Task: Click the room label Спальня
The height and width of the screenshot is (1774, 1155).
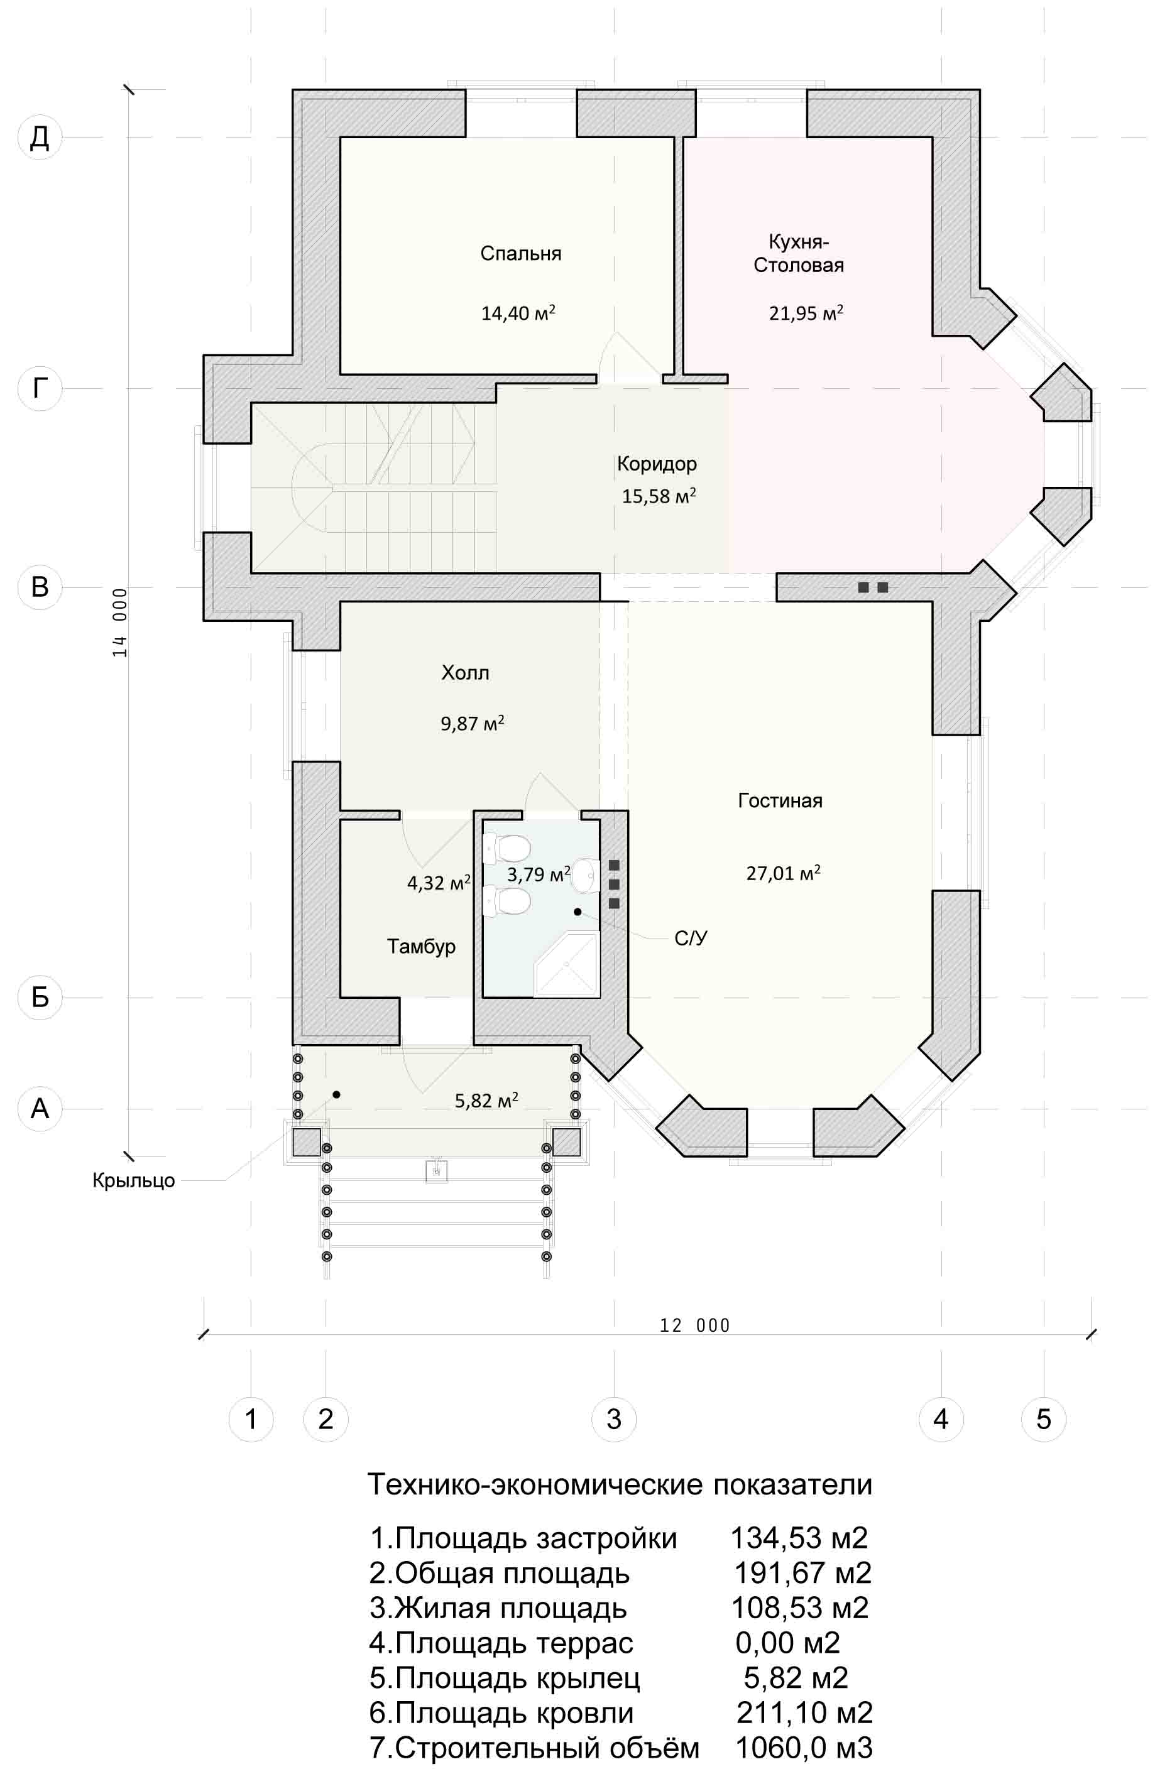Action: coord(520,253)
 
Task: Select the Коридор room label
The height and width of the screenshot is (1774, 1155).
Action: coord(657,464)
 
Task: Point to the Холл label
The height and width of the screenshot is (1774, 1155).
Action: coord(465,673)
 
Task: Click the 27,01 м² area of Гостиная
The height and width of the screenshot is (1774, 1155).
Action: coord(783,872)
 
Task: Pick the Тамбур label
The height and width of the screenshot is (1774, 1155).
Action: coord(421,947)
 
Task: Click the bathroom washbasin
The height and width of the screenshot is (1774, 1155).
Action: coord(586,875)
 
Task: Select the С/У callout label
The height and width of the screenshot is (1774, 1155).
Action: coord(691,939)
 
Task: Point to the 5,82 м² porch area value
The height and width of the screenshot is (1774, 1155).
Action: coord(486,1100)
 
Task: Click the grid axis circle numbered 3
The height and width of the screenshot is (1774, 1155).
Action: coord(614,1419)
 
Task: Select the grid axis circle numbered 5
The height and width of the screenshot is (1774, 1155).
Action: coord(1044,1419)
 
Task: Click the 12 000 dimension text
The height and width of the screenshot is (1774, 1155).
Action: coord(695,1325)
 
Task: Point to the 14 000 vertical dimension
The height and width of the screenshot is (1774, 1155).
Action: coord(120,623)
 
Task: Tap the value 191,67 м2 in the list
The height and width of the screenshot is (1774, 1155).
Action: coord(802,1573)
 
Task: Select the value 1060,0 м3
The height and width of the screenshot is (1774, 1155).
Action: coord(804,1747)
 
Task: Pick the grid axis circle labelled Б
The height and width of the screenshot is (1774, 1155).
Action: coord(40,998)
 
